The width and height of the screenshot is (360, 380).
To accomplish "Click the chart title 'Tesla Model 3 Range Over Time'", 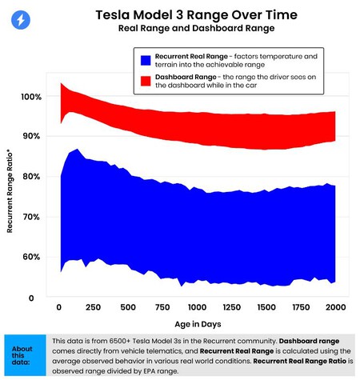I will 185,15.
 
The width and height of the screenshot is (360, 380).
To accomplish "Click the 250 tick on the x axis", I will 93,308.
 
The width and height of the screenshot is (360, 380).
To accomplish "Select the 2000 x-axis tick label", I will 334,308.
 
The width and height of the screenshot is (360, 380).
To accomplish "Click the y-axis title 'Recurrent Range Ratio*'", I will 11,191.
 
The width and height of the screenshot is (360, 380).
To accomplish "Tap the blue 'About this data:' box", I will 23,354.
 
